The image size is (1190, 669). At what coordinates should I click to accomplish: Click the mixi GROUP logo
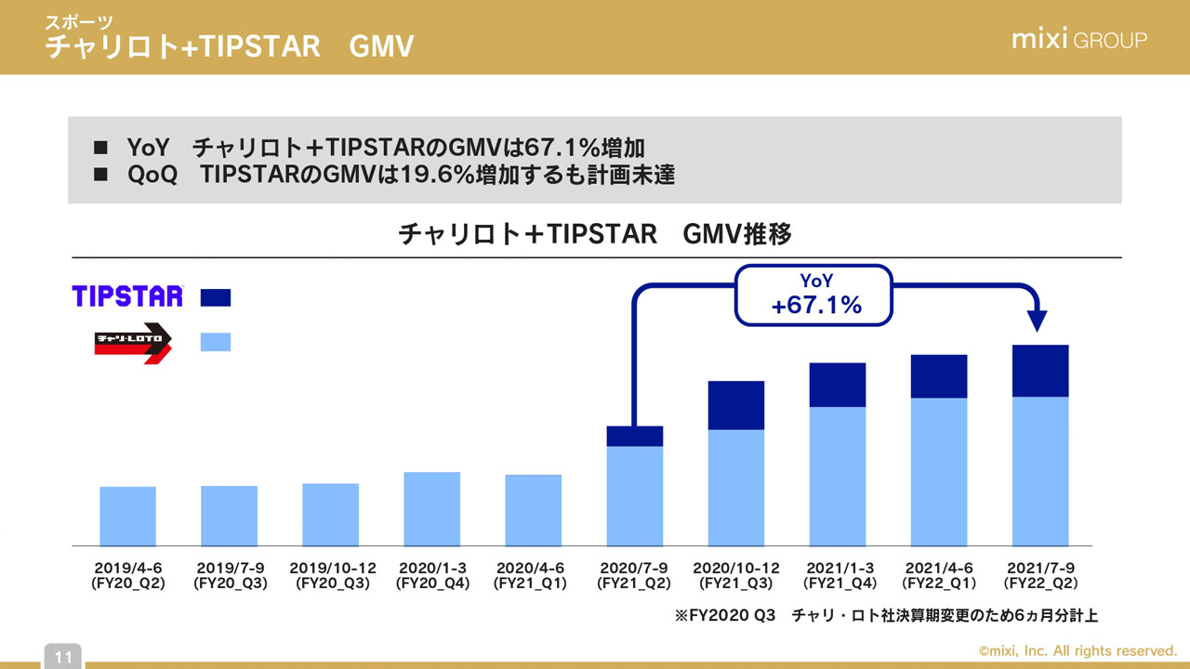coord(1078,40)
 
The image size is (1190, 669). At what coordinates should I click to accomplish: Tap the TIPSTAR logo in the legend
coord(128,296)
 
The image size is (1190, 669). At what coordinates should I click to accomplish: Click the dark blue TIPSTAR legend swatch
coord(216,297)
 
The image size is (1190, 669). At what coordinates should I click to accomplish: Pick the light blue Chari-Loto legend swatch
coord(216,342)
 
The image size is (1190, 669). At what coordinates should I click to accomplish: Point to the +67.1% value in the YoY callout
coord(816,304)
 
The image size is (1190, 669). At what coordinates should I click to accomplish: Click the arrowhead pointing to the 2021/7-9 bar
coord(1039,321)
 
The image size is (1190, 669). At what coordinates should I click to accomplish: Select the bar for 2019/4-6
coord(128,516)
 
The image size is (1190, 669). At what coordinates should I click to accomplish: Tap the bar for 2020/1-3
coord(432,508)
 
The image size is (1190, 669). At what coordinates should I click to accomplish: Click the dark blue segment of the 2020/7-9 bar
coord(635,437)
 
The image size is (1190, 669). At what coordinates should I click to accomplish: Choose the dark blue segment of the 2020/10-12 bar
coord(736,405)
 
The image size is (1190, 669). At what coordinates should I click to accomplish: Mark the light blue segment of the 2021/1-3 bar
coord(838,476)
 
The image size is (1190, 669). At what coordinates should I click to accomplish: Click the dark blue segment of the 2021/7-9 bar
coord(1040,371)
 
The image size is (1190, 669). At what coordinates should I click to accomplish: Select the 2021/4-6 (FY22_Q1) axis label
coord(939,576)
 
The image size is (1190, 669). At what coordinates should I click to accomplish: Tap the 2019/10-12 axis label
coord(332,576)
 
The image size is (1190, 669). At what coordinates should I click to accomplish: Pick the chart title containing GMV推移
coord(595,234)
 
